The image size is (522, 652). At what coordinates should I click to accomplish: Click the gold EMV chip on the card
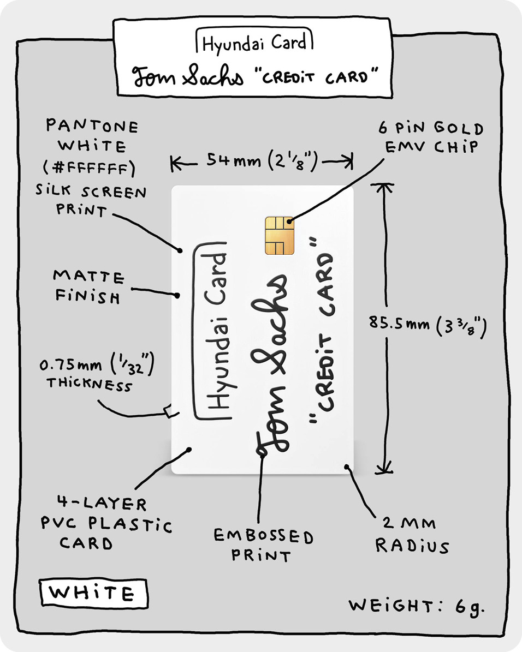point(280,235)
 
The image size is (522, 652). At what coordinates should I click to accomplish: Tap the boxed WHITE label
point(92,593)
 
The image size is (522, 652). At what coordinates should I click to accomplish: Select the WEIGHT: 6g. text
point(417,606)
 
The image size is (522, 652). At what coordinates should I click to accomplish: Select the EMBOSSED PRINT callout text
point(264,546)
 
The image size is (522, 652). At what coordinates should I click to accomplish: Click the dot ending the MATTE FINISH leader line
point(177,296)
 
